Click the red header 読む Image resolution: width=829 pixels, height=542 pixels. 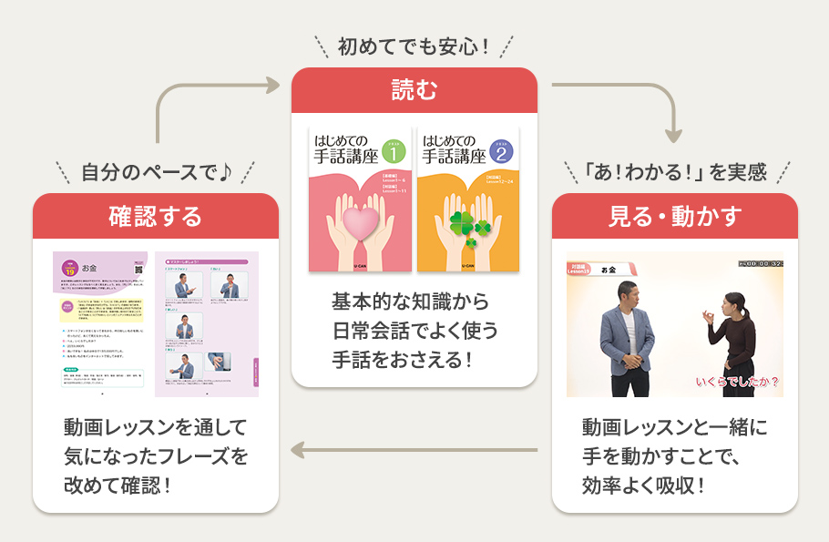point(414,90)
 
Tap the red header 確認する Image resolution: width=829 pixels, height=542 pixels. point(155,216)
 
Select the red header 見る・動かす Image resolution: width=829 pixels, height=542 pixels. point(674,216)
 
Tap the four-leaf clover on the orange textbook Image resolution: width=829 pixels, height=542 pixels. point(466,225)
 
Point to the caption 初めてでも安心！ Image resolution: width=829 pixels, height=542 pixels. point(414,45)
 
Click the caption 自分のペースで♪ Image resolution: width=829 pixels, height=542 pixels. point(156,170)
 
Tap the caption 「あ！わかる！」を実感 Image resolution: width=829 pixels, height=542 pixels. point(675,170)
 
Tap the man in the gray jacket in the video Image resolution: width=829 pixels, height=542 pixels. point(628,338)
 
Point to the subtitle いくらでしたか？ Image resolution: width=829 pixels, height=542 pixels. point(736,382)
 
